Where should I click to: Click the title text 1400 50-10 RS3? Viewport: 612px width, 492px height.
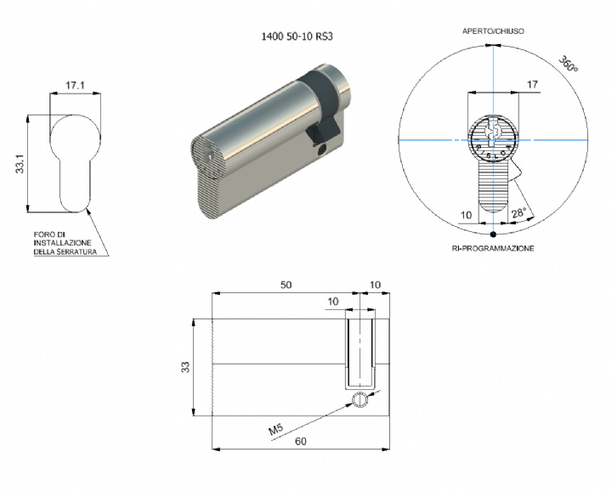(297, 37)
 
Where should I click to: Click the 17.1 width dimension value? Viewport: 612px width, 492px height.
(75, 85)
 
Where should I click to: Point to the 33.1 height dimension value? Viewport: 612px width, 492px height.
(20, 163)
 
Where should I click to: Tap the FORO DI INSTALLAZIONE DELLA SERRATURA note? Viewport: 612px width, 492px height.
(65, 243)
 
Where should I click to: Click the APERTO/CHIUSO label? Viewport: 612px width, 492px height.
(493, 31)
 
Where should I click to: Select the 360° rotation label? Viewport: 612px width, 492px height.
(568, 64)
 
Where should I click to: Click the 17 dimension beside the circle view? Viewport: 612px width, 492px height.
(532, 84)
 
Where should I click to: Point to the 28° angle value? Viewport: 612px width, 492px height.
(519, 213)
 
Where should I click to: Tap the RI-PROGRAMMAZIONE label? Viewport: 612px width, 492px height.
(493, 248)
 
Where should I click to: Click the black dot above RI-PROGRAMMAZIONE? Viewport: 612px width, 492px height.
(493, 234)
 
